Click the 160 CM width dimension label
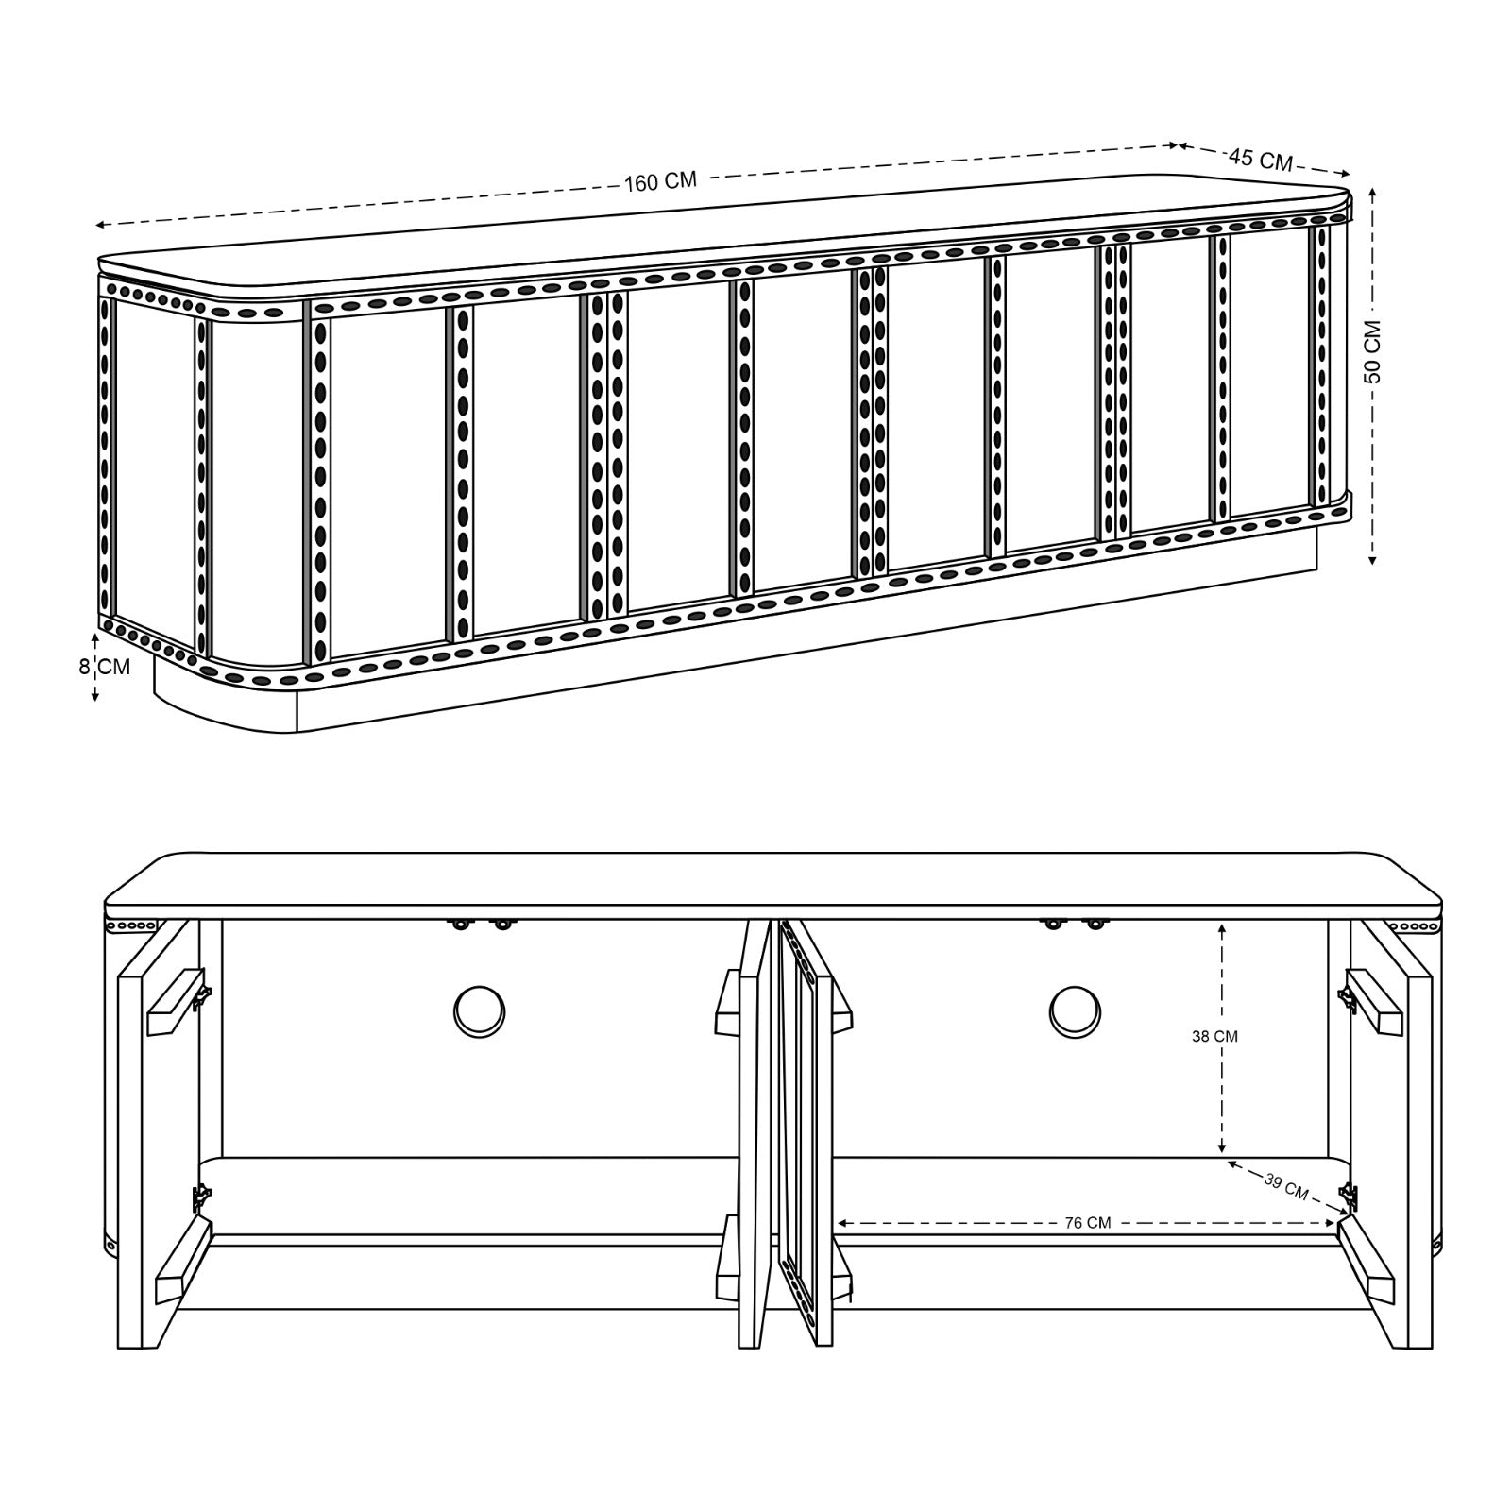click(x=660, y=181)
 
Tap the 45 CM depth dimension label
click(x=1261, y=159)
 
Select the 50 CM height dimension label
click(x=1372, y=351)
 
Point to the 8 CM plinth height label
click(x=104, y=666)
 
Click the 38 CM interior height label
click(x=1214, y=1036)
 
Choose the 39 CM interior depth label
click(x=1286, y=1187)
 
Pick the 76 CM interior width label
click(x=1088, y=1223)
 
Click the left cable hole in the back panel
click(x=480, y=1010)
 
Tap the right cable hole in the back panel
click(x=1075, y=1010)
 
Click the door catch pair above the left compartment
click(x=481, y=923)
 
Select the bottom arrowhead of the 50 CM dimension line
click(x=1372, y=558)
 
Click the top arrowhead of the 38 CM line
click(x=1222, y=927)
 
